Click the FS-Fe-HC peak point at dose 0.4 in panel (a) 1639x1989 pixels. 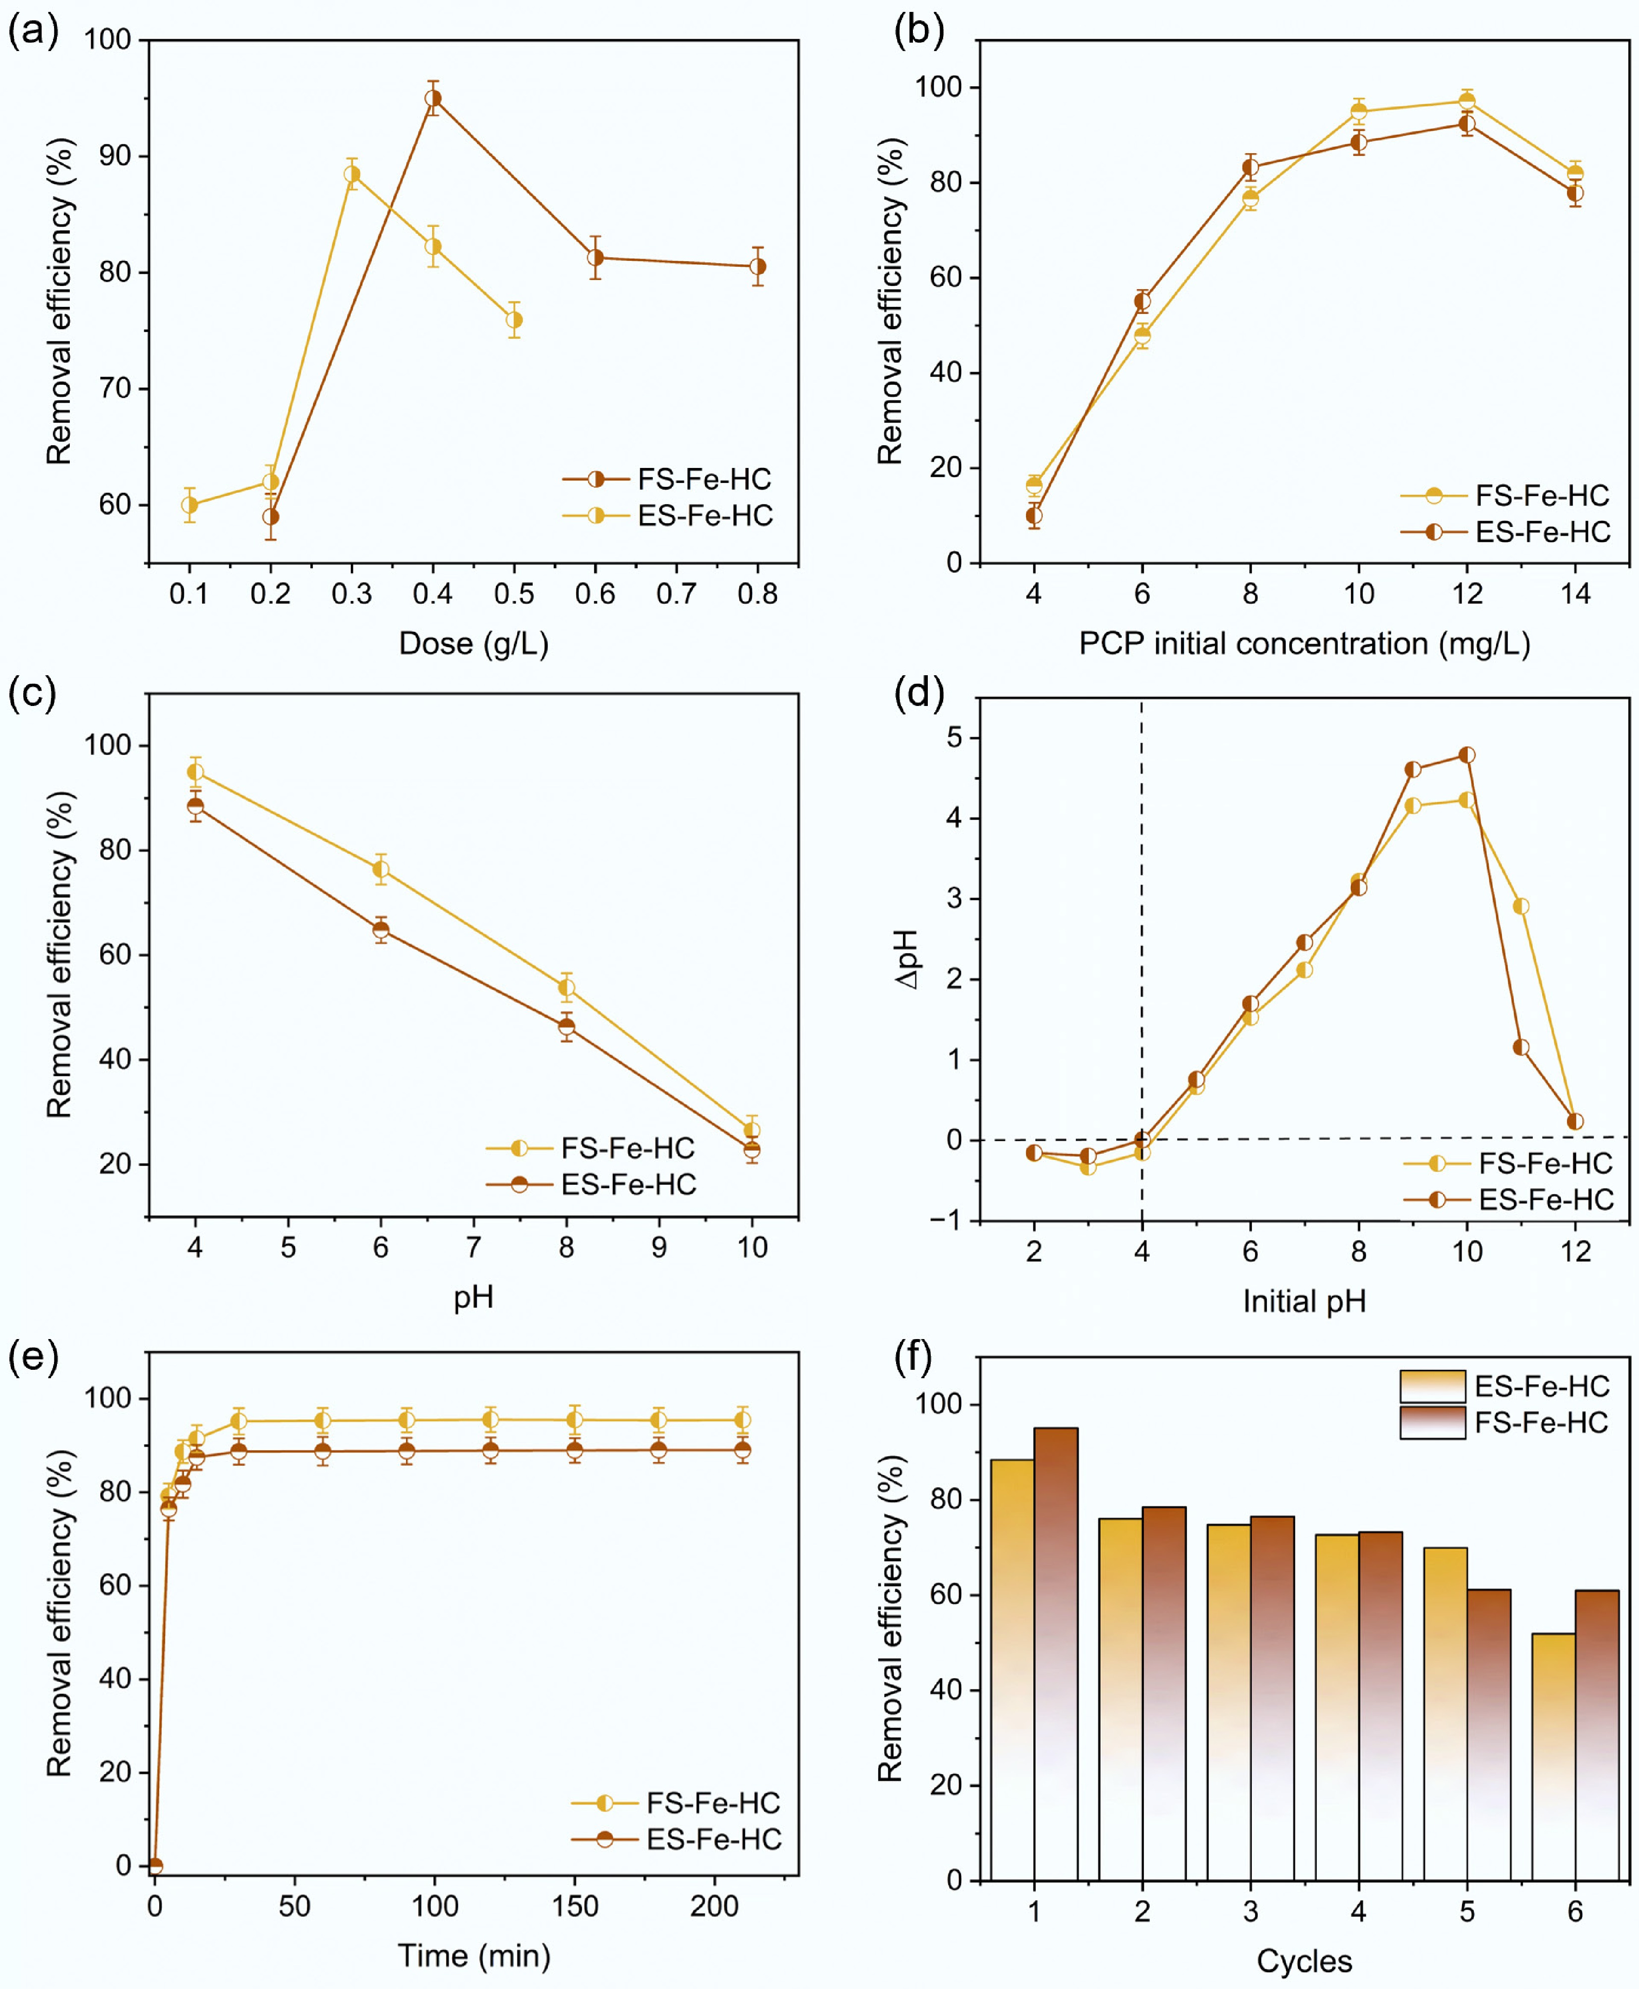[433, 98]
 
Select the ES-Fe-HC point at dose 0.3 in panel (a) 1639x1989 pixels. [352, 174]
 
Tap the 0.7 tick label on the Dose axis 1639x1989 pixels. [676, 594]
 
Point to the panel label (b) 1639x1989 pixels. [919, 31]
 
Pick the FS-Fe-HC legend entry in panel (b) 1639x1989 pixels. [1506, 495]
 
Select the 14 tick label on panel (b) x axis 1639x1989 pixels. [1575, 594]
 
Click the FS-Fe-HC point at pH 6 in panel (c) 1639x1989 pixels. [381, 870]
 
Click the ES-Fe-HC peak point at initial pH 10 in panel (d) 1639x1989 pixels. [1466, 755]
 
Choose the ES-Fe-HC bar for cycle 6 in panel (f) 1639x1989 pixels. [1553, 1756]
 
